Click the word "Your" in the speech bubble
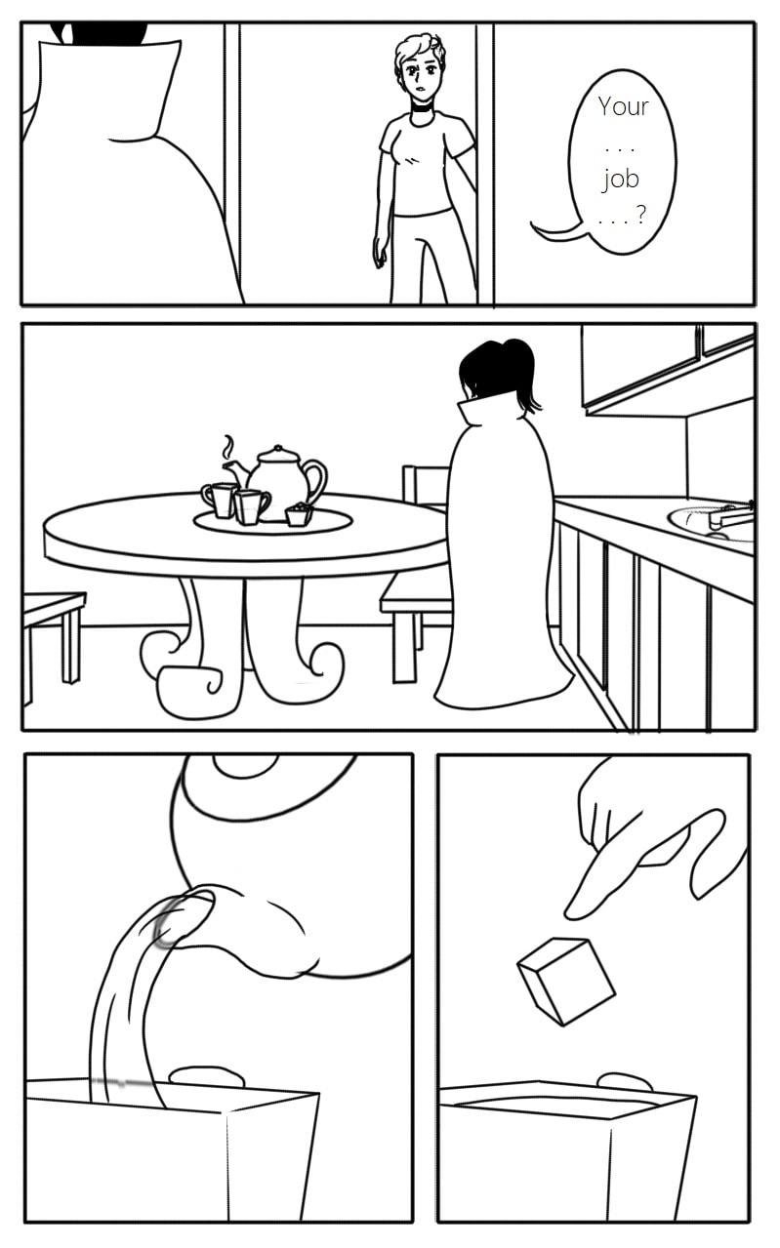pos(624,105)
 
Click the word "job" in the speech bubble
pos(620,180)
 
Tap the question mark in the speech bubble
pos(641,214)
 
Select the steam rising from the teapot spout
pos(228,446)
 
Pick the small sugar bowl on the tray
pos(299,515)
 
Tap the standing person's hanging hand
pos(381,253)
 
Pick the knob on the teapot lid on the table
pos(278,449)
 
